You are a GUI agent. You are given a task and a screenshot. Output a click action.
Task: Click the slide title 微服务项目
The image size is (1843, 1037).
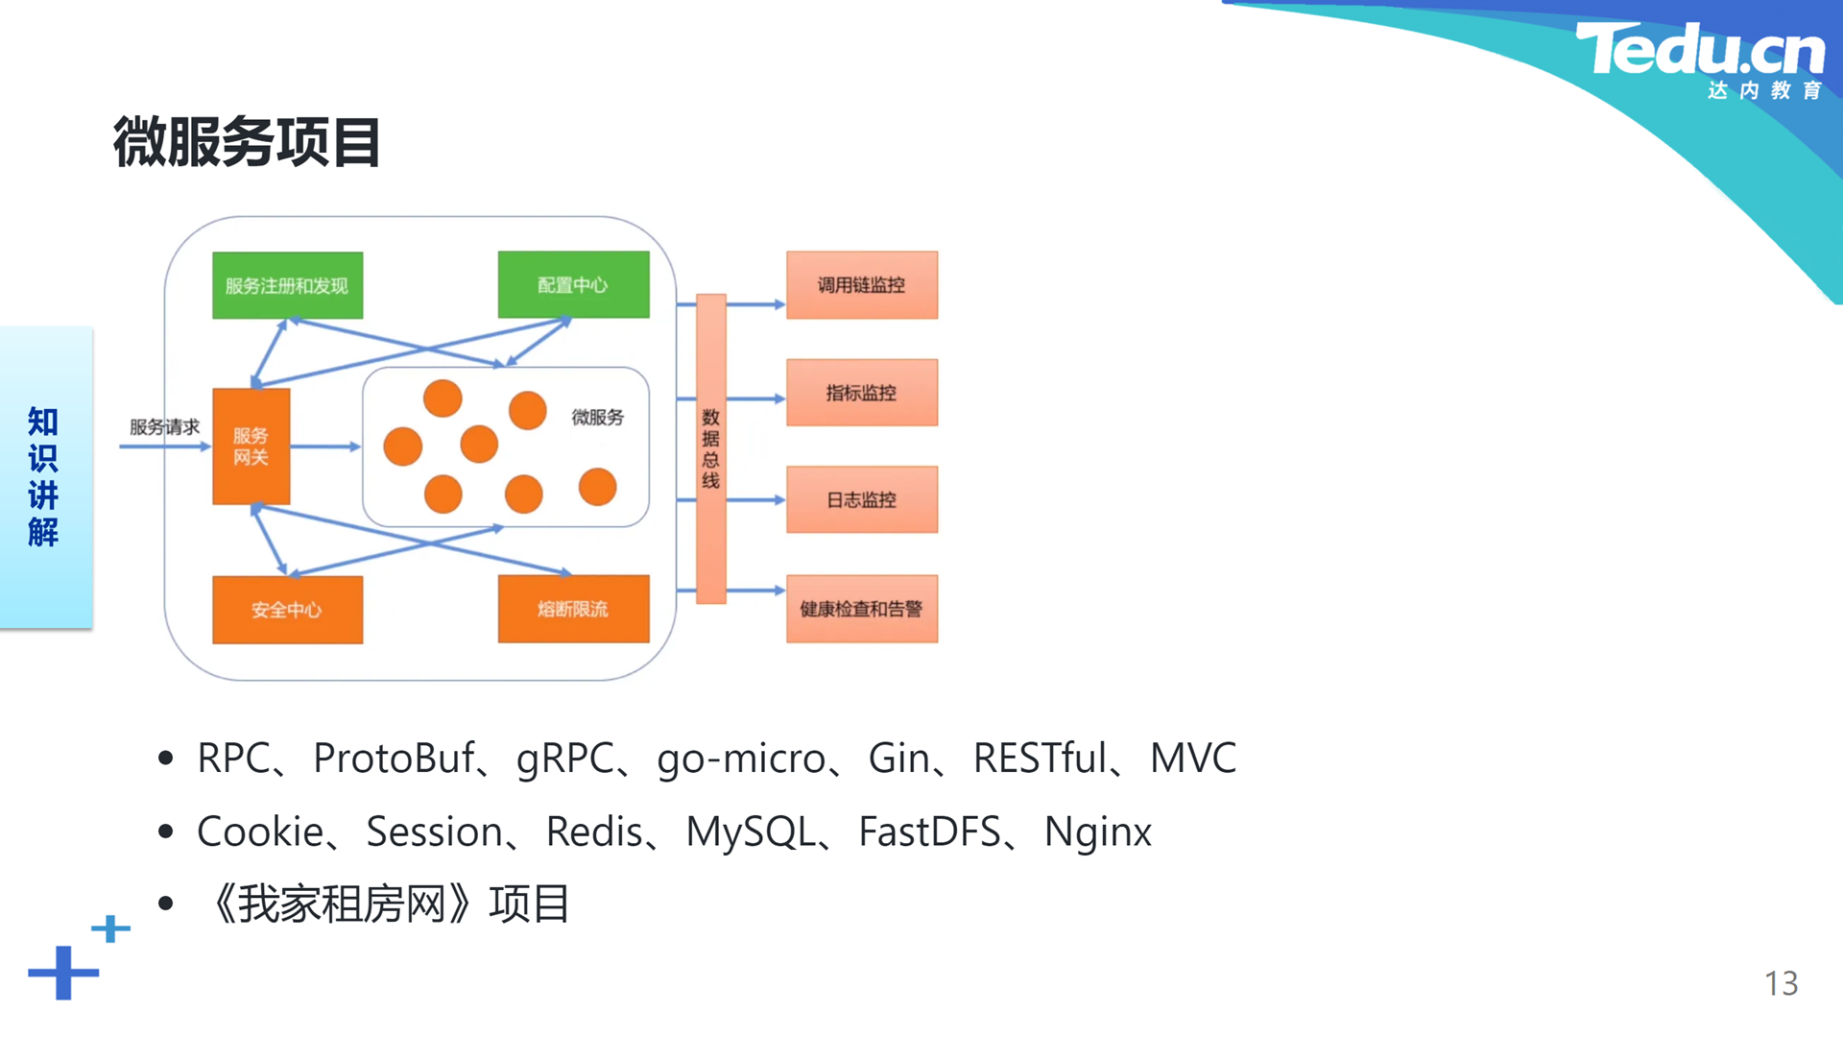[x=247, y=142]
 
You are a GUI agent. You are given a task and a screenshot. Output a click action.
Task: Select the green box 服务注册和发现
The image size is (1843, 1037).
[x=288, y=285]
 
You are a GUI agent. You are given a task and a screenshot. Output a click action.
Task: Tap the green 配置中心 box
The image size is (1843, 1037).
[x=573, y=284]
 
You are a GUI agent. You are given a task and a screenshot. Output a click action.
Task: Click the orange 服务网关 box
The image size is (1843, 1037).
[x=251, y=446]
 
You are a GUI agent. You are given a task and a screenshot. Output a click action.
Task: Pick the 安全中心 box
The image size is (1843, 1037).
[x=288, y=610]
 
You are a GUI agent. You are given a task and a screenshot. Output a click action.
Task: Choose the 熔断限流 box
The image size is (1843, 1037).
[x=573, y=609]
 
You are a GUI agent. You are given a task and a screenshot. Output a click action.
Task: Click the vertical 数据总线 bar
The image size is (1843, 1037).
[x=710, y=448]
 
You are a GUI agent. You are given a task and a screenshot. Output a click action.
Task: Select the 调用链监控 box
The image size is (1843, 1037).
[x=862, y=285]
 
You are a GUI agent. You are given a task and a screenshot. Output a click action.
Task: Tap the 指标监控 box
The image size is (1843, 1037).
[x=862, y=393]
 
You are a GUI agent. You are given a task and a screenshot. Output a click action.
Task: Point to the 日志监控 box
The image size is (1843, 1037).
[x=862, y=499]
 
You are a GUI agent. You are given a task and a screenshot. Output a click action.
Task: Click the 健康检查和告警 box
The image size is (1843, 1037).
[x=862, y=609]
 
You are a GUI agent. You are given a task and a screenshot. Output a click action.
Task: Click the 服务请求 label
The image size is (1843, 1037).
[x=164, y=426]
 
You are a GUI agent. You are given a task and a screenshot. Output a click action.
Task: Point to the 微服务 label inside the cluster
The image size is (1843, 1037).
[x=598, y=417]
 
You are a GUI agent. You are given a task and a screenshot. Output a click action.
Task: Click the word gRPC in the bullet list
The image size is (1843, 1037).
[x=564, y=759]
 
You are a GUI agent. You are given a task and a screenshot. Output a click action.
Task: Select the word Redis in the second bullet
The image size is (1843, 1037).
[x=594, y=832]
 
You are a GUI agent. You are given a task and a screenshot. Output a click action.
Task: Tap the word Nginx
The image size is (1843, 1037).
[x=1097, y=832]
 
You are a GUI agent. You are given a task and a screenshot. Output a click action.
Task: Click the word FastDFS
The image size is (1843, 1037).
[x=929, y=832]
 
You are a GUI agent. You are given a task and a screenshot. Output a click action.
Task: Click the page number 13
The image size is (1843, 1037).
[x=1781, y=983]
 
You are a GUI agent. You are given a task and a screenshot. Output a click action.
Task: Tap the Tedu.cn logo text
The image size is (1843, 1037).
[x=1700, y=50]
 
